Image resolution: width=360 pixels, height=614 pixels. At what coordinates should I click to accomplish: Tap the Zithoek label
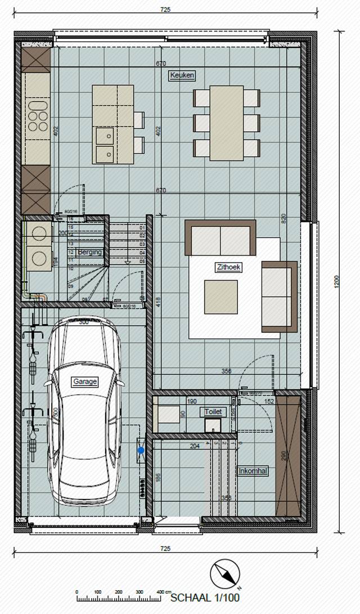point(228,268)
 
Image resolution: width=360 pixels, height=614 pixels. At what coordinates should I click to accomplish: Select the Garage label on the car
point(85,382)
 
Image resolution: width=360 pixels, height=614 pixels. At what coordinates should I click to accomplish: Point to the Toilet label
point(213,412)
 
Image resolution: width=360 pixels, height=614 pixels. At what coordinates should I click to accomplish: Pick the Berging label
point(90,252)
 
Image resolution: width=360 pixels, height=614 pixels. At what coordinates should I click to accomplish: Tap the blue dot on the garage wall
point(141,450)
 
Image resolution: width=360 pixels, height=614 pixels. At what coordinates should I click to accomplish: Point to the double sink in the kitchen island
point(103,145)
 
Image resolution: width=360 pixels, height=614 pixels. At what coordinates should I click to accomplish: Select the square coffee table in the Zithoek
point(220,297)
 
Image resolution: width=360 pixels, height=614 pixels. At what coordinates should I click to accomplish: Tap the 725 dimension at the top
point(165,10)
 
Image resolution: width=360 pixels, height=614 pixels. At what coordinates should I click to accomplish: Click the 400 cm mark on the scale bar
point(162,592)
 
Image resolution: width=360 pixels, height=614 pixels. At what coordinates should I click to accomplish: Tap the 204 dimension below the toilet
point(195,446)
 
